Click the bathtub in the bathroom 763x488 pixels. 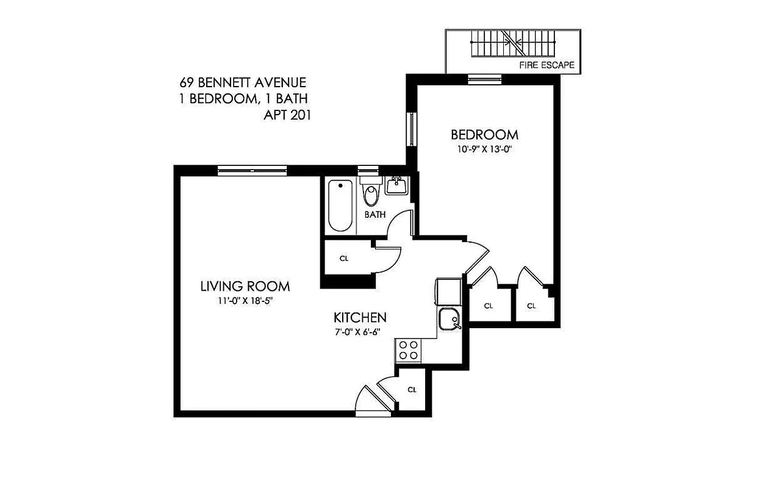tap(340, 206)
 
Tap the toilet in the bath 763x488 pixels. tap(370, 192)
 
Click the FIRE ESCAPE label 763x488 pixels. tap(546, 65)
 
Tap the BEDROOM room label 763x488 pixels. tap(484, 134)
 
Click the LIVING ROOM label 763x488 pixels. tap(245, 286)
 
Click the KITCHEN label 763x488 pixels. tap(360, 317)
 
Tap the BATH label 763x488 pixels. tap(375, 215)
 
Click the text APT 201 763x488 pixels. tap(286, 115)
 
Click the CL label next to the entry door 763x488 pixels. tap(412, 390)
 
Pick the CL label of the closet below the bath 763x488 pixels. tap(344, 258)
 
